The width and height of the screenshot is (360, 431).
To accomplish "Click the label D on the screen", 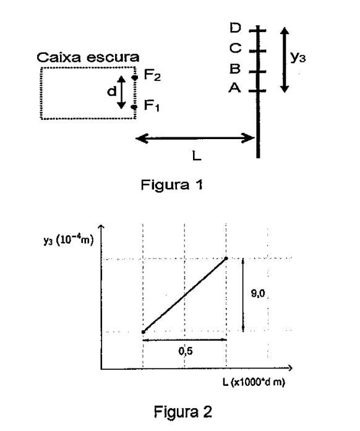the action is (235, 28).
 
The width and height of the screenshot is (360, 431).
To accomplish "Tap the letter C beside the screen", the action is (236, 48).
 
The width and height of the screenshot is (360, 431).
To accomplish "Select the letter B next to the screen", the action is (235, 69).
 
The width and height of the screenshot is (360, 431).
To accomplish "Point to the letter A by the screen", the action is (234, 88).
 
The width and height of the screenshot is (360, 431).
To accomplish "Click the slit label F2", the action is (152, 75).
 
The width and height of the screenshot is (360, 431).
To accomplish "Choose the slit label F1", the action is (152, 105).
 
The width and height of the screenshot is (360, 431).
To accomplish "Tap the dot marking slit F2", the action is (134, 77).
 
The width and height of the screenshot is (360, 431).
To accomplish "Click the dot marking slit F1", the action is (134, 107).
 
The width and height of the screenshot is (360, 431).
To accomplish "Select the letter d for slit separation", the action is (112, 91).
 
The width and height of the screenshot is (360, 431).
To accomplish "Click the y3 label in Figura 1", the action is (298, 58).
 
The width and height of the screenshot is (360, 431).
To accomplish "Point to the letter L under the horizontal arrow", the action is (197, 156).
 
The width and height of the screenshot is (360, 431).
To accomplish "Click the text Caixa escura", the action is (88, 58).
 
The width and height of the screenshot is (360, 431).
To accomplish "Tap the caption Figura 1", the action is (172, 184).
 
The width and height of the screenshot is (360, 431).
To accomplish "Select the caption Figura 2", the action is (183, 412).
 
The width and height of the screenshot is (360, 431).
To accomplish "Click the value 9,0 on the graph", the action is (258, 294).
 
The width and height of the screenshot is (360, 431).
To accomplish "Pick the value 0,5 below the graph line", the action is (186, 351).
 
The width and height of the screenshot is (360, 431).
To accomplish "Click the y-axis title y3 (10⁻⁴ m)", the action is (69, 240).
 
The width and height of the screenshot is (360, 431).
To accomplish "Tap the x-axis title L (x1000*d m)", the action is (254, 382).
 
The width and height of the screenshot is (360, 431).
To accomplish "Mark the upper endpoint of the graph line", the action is (226, 258).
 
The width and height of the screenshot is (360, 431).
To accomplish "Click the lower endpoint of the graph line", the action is (144, 332).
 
